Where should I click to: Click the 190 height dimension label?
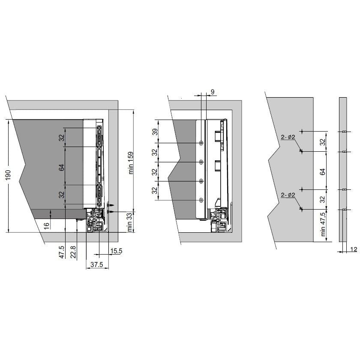coord(8,175)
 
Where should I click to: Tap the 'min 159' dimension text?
coord(130,163)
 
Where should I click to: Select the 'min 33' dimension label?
coord(129,222)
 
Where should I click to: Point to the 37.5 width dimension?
coord(97,264)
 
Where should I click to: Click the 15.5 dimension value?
coord(116,251)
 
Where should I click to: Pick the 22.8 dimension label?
coord(73,252)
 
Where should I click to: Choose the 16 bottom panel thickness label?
coord(47,226)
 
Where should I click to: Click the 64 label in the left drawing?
coord(62,168)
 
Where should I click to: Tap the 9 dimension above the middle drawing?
coord(213,92)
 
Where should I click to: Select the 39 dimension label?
coord(155,132)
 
